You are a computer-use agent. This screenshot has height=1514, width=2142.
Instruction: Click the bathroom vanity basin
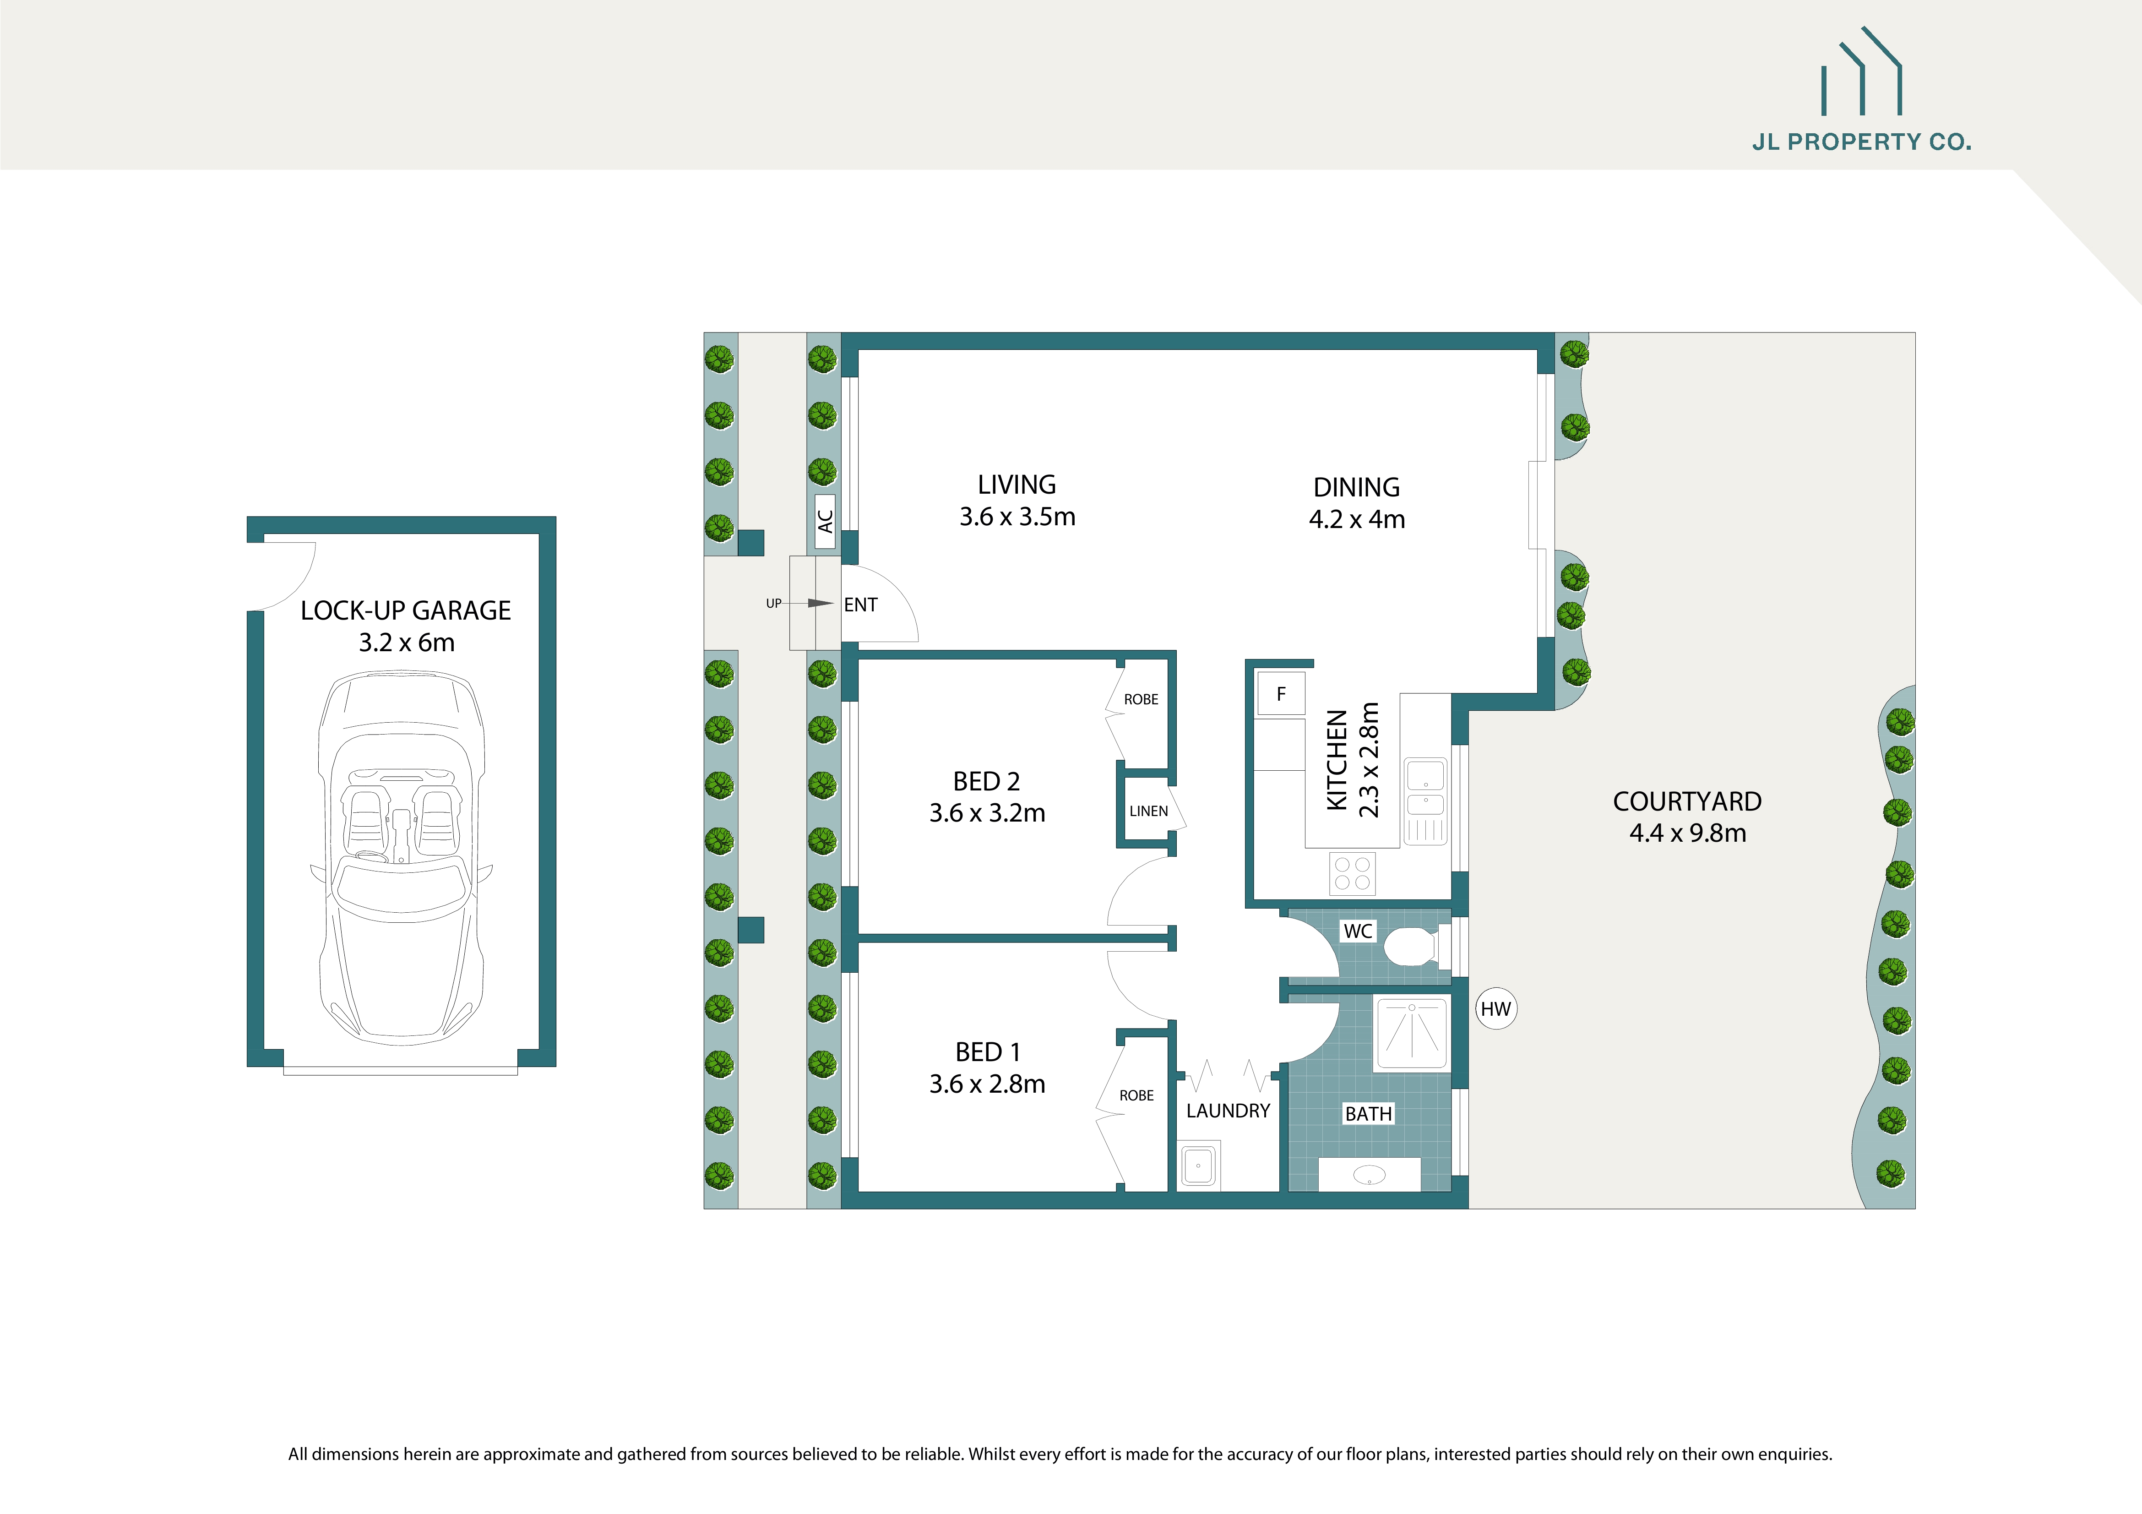click(1369, 1175)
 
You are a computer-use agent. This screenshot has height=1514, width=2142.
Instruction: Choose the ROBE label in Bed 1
click(1136, 1095)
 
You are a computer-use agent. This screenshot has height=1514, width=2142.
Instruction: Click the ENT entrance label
click(860, 605)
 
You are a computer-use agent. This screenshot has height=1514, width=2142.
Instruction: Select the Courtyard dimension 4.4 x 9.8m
click(1687, 833)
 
